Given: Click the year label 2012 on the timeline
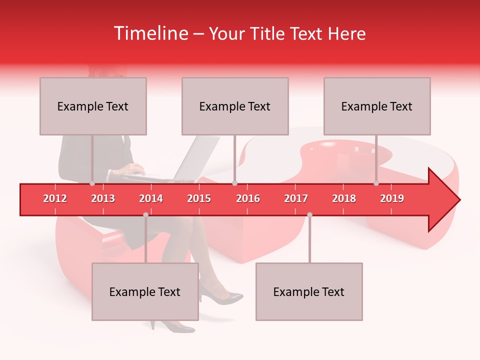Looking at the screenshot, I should coord(55,198).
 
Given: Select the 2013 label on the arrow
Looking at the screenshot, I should coord(103,198).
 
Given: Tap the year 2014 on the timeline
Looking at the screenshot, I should coord(151,198).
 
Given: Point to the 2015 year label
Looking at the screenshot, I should coord(199,198).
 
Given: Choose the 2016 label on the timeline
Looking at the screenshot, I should coord(248,198).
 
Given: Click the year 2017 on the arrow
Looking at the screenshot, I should coord(296,198).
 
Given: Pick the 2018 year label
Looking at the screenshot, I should coord(344,198).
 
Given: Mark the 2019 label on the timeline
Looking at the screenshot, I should coord(392,198).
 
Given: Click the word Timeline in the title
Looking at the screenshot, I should coord(150,33).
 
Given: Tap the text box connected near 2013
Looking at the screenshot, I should coord(93,106).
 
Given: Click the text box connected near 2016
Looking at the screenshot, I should coord(235,106).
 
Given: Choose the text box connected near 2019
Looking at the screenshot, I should coord(377,106).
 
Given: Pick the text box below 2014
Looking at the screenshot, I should coord(145,291).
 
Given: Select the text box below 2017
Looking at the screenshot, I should coord(309,291).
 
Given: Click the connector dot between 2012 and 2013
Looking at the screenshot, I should coord(92,183).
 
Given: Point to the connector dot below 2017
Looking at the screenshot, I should coord(309,215).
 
